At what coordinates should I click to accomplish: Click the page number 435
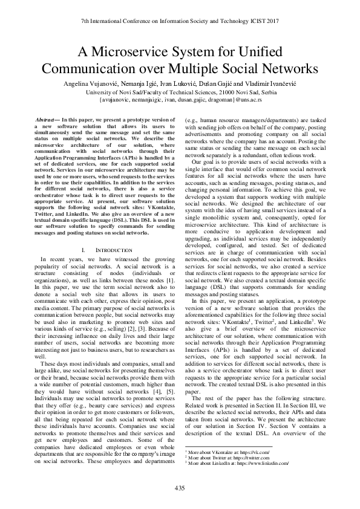point(180,488)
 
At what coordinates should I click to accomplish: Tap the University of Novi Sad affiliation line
point(180,91)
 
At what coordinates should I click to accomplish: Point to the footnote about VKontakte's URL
point(229,452)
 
